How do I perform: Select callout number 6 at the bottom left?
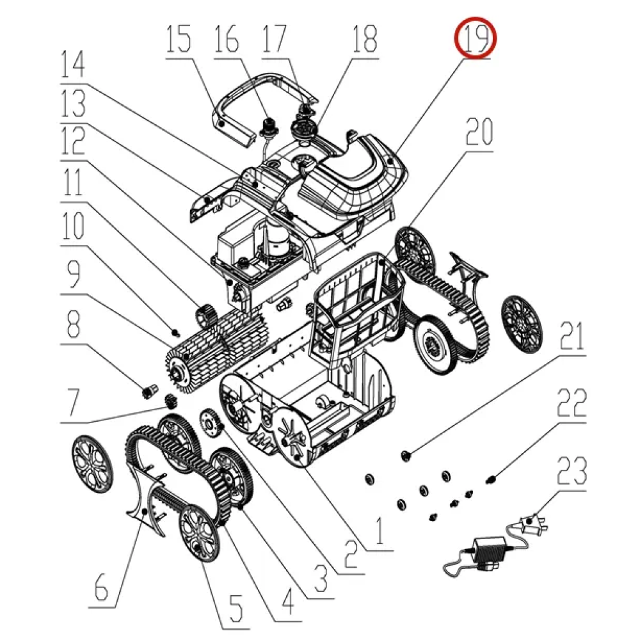click(101, 586)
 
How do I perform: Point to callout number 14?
click(73, 64)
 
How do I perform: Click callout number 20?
click(479, 131)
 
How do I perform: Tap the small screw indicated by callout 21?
click(406, 456)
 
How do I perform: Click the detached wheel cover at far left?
click(92, 463)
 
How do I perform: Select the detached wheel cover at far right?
click(521, 324)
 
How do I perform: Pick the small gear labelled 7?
click(170, 401)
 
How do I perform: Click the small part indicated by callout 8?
click(148, 391)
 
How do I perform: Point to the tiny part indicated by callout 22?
click(491, 478)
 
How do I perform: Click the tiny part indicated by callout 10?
click(176, 333)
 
